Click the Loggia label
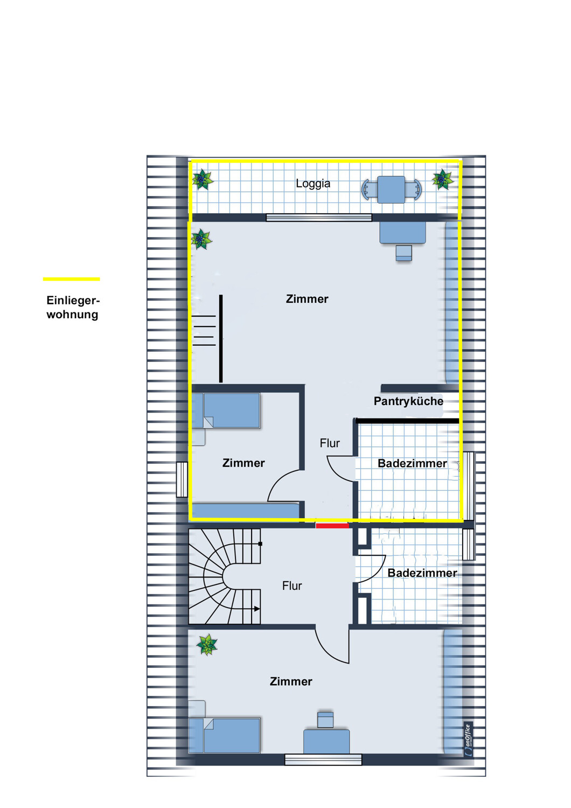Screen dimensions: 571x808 coord(313,184)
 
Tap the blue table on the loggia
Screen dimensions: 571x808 coord(392,190)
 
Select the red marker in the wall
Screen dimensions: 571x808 coord(332,526)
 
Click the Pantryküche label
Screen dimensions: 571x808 coord(408,401)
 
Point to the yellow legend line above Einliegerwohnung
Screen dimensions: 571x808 coord(72,279)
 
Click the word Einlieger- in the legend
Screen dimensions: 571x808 coord(73,300)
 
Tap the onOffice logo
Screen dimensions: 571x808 coord(468,740)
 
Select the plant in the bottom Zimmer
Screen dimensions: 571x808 coord(207,645)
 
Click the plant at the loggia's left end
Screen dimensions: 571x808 coord(203,179)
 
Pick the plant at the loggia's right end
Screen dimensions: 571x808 coord(443,179)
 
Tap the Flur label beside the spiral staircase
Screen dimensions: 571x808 coord(292,586)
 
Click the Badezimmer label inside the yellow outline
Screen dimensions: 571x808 coord(412,463)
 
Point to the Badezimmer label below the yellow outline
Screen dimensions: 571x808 coord(422,573)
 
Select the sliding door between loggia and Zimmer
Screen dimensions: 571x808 coord(319,218)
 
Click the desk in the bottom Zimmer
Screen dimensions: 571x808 coord(326,742)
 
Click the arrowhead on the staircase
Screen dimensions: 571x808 coord(257,609)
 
